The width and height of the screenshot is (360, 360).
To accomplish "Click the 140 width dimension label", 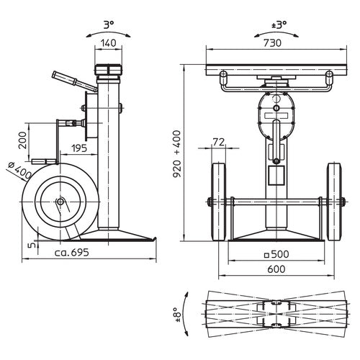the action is tap(108, 43).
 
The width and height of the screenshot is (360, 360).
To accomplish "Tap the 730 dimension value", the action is tap(272, 43).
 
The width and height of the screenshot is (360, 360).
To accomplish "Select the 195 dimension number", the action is tap(79, 148).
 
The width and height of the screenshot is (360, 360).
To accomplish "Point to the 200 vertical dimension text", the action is tap(23, 140).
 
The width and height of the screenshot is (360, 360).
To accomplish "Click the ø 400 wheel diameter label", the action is tap(19, 171).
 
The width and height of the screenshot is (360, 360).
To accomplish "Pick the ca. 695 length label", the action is tap(72, 253).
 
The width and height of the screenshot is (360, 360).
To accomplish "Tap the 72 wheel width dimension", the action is tap(219, 143).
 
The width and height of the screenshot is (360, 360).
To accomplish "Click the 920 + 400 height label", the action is tap(177, 154).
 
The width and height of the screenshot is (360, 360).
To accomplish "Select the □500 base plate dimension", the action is tap(276, 254).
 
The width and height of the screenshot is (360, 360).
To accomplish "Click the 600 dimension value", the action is tap(276, 269).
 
